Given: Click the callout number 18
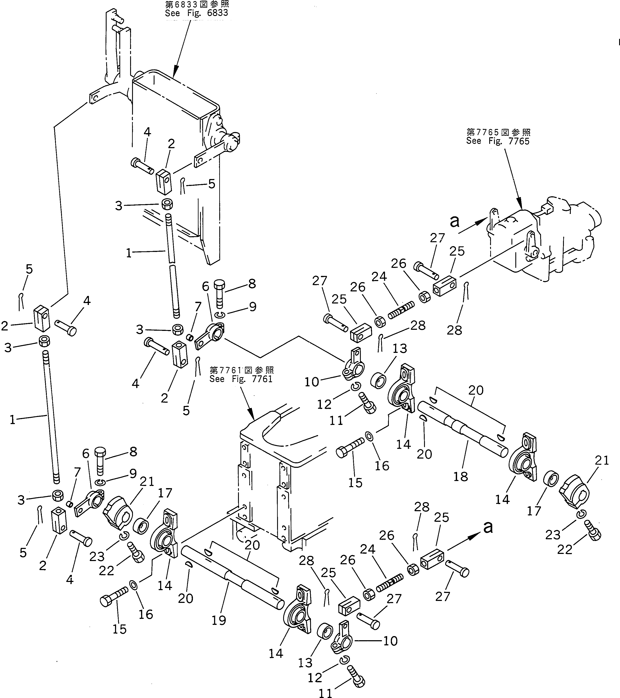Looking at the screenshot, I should tap(460, 477).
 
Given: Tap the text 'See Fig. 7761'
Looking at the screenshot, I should tap(241, 379).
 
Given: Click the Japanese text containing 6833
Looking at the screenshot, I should tap(197, 5).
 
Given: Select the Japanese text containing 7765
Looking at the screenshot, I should tap(498, 132).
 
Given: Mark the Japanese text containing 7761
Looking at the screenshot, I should tap(241, 370).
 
